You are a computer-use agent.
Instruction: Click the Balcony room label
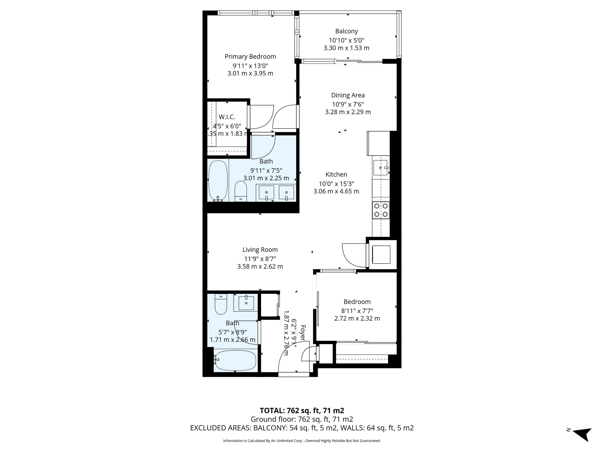coord(346,31)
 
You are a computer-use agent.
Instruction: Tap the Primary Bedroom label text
coord(250,57)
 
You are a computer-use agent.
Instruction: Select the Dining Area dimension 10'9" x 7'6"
coord(348,104)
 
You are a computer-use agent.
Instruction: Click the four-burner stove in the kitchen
coord(381,210)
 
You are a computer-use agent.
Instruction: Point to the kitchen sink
coord(381,168)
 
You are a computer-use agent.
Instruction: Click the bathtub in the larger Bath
coord(218,180)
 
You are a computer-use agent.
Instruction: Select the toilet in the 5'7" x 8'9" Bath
coord(220,305)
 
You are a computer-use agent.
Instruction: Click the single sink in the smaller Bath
coord(246,303)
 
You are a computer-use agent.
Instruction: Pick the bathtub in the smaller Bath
coord(235,361)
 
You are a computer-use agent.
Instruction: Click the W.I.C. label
coord(227,117)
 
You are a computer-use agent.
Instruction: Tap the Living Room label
coord(260,250)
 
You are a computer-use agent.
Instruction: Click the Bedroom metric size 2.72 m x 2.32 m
coord(357,319)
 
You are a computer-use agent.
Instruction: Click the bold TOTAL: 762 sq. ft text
coord(302,411)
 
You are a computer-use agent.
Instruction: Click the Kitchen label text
coord(336,175)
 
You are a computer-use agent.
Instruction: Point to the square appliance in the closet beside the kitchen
coord(381,255)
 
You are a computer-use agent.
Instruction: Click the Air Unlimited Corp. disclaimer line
coord(302,441)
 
